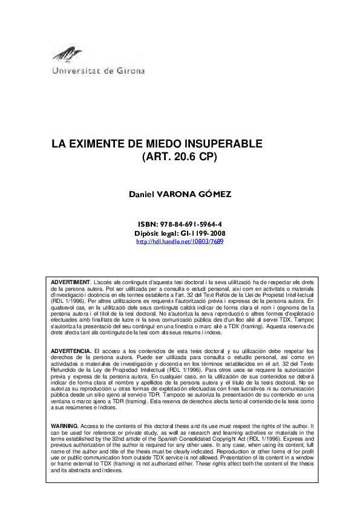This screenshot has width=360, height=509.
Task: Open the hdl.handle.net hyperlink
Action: (180, 241)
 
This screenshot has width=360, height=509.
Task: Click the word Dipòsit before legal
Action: (147, 233)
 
